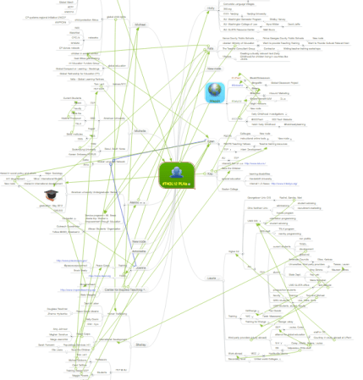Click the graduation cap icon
click(50, 195)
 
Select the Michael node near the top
click(140, 25)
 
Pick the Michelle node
click(140, 131)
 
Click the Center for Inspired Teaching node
click(122, 289)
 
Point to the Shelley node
click(140, 344)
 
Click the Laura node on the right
click(211, 278)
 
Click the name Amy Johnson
click(60, 328)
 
